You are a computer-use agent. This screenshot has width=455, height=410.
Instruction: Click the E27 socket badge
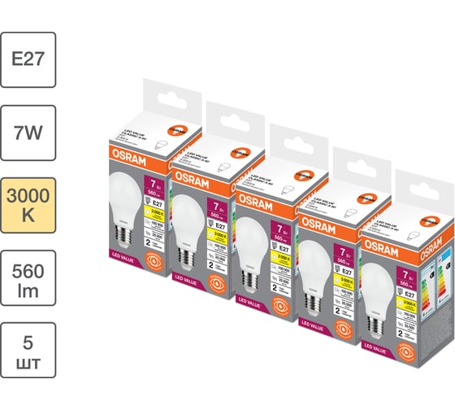(28, 59)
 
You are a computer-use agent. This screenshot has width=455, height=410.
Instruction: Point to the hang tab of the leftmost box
(162, 98)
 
